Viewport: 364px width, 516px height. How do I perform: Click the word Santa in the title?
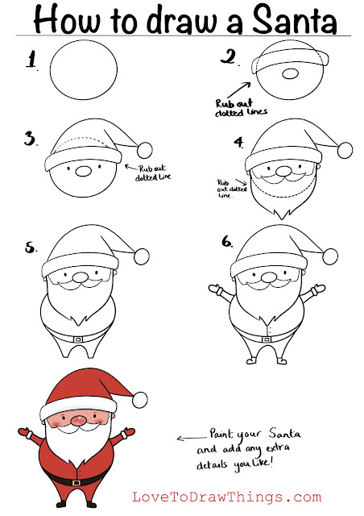[294, 19]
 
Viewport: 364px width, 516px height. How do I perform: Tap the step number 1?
[31, 60]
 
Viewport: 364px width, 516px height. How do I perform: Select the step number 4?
[239, 142]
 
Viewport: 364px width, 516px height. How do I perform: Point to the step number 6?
[227, 242]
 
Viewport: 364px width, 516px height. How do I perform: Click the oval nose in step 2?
[291, 74]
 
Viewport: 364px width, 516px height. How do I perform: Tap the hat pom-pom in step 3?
[145, 150]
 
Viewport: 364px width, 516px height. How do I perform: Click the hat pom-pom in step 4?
[345, 150]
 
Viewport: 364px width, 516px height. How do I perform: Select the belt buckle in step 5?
[78, 339]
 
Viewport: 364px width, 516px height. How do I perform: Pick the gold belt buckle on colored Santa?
[77, 483]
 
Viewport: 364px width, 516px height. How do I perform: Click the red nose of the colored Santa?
[79, 419]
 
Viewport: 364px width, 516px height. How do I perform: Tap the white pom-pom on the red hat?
[140, 399]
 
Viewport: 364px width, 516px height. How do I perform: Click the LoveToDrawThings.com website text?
[226, 497]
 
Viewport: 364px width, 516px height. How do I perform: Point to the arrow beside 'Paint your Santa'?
[192, 438]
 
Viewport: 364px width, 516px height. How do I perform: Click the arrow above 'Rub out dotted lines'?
[238, 89]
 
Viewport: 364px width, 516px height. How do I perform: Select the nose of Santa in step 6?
[269, 277]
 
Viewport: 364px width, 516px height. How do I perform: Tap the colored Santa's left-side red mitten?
[25, 432]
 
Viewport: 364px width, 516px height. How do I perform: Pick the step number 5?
[31, 248]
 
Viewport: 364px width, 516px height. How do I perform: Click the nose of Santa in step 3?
[83, 171]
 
